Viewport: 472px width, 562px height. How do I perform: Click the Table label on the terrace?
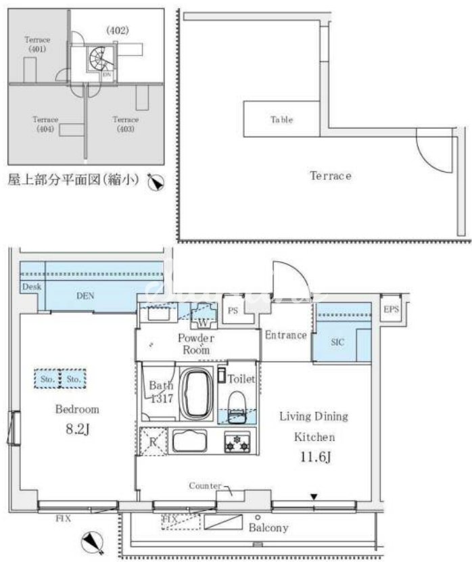pos(281,120)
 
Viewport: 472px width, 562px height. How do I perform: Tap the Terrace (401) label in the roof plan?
pos(37,45)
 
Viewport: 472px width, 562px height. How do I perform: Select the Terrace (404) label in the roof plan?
pos(46,124)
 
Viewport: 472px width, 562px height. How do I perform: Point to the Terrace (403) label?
pos(126,124)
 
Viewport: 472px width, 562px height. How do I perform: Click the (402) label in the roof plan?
pos(117,30)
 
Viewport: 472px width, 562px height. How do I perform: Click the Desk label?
pos(32,287)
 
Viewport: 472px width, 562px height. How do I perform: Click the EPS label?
pos(392,310)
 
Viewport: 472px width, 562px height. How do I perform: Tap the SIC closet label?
pos(337,342)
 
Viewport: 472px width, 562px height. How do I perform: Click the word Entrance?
pos(286,335)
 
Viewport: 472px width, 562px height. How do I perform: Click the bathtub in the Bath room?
pos(195,394)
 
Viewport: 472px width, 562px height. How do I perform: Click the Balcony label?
pos(268,528)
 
